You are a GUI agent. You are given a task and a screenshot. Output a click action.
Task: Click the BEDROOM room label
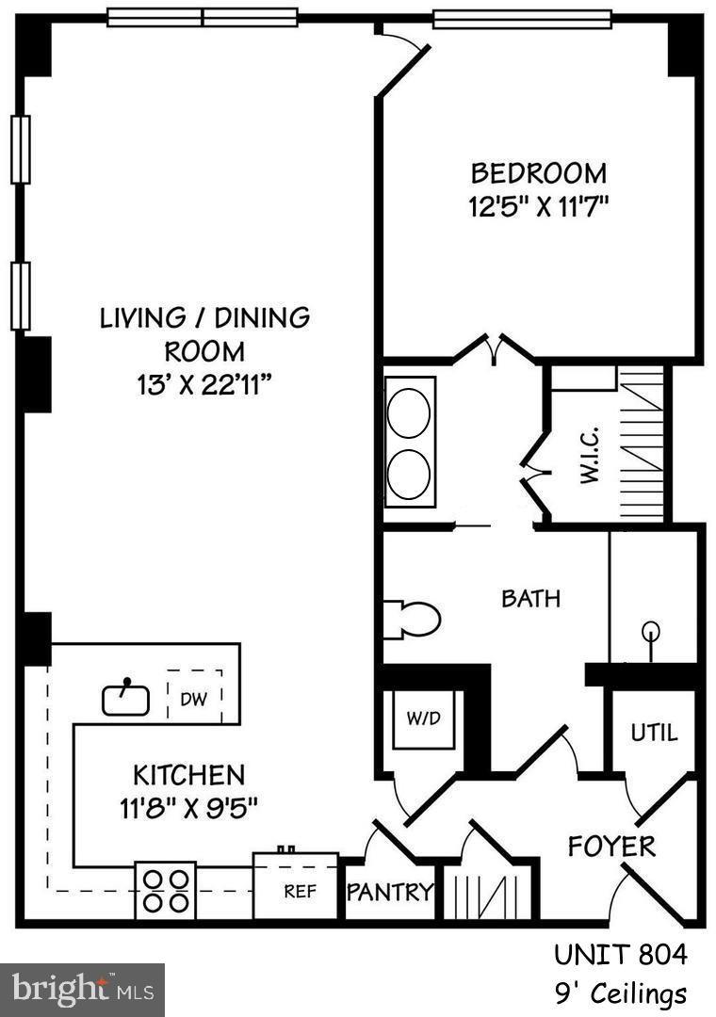539,173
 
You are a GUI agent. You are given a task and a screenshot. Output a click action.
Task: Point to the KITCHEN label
188,775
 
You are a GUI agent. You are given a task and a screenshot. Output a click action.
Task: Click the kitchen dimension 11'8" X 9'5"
188,807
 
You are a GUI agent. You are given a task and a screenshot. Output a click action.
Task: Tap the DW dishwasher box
195,698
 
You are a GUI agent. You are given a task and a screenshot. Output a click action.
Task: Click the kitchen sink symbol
125,698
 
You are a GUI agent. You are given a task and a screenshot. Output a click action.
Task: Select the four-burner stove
165,890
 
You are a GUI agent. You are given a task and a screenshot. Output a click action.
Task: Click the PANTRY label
390,892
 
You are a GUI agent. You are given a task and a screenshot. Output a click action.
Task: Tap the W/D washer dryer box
423,718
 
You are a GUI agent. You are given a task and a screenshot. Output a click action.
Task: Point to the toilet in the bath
413,619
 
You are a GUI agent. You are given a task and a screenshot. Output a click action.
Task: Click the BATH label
530,598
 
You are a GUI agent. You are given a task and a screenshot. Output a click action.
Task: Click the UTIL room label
654,733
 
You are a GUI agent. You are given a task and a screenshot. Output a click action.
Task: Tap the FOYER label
611,846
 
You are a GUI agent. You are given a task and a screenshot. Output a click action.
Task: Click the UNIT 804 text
620,955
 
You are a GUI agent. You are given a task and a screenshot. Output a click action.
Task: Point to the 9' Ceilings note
620,993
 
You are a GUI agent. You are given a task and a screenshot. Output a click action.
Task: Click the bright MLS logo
82,990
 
